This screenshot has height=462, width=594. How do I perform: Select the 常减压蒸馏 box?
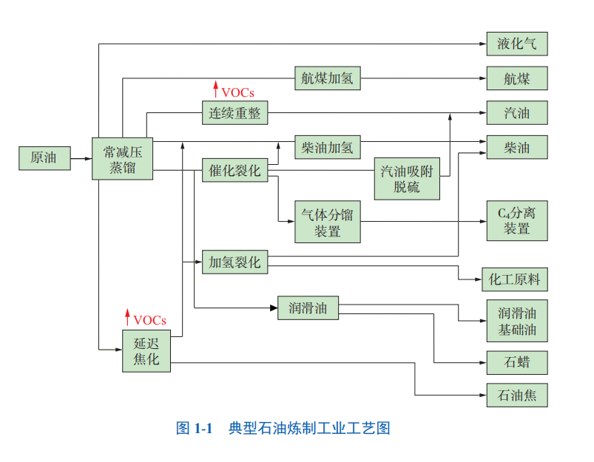[122, 158]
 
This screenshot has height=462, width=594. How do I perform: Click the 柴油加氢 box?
[327, 147]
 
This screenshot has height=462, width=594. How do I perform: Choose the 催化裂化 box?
[234, 171]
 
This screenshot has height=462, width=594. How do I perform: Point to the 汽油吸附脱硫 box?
[406, 179]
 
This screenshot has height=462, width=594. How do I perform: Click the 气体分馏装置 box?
[327, 222]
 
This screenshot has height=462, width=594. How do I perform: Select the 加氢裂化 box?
[234, 262]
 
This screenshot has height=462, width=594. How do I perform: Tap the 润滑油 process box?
[308, 308]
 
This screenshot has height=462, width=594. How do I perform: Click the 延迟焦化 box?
[146, 351]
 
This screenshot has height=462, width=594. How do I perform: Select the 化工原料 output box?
[515, 279]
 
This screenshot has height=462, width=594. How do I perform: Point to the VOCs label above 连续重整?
[237, 92]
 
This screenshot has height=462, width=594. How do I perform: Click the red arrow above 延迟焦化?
[127, 319]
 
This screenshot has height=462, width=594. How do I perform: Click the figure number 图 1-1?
[195, 428]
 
